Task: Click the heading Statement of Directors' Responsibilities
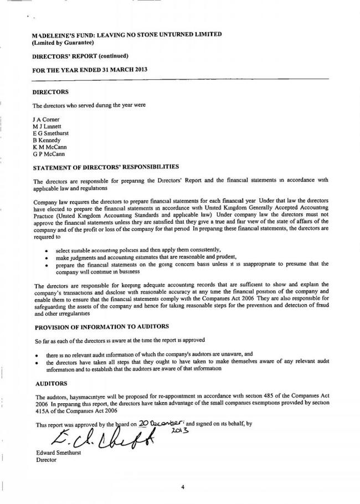click(x=106, y=166)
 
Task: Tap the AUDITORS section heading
click(x=52, y=383)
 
